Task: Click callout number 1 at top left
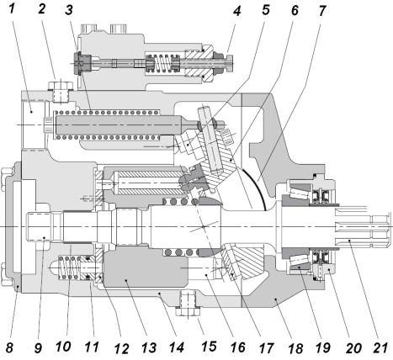tap(11, 9)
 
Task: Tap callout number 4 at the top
tap(236, 11)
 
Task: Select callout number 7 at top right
tap(322, 10)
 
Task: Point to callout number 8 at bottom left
tap(9, 347)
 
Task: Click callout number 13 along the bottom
tap(149, 347)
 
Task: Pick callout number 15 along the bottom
tap(209, 346)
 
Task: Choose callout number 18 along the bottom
tap(295, 348)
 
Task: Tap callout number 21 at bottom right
tap(380, 347)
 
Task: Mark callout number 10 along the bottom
tap(63, 347)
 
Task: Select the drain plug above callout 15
tap(188, 304)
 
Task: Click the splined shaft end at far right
tap(363, 226)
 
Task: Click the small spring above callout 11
tap(69, 267)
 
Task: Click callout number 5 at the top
tap(265, 9)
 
